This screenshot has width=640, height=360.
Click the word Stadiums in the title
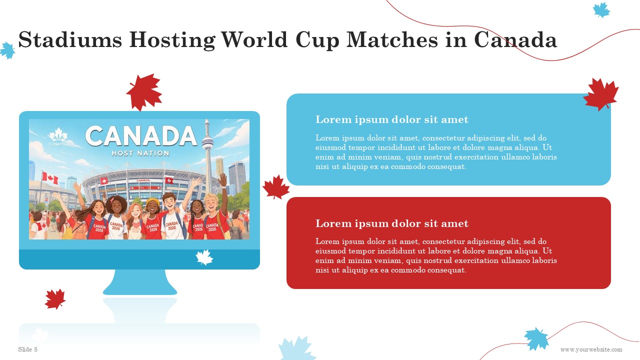tap(70, 39)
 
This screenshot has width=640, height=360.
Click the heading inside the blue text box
tap(391, 119)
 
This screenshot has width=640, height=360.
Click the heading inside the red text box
tap(391, 223)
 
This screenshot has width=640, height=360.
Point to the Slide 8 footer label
tap(27, 349)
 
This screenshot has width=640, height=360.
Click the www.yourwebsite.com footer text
tap(591, 349)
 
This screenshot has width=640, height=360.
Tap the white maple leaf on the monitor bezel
tap(204, 257)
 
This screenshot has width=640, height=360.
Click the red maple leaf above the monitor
tap(144, 92)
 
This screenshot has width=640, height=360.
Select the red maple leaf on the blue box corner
tap(601, 94)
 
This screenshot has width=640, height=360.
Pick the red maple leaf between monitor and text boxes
tap(275, 187)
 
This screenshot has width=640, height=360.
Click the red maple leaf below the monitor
tap(55, 299)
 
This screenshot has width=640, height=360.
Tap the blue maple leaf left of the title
tap(7, 50)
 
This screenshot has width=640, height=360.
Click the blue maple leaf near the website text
tap(536, 339)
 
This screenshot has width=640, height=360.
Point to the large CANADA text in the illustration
tap(141, 136)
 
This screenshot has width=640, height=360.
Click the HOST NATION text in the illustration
tap(140, 153)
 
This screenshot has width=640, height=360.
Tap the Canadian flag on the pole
tap(50, 178)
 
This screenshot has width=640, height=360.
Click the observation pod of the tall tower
tap(207, 141)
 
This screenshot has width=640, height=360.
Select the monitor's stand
tap(140, 282)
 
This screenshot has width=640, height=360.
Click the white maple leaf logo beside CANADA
tap(58, 135)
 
